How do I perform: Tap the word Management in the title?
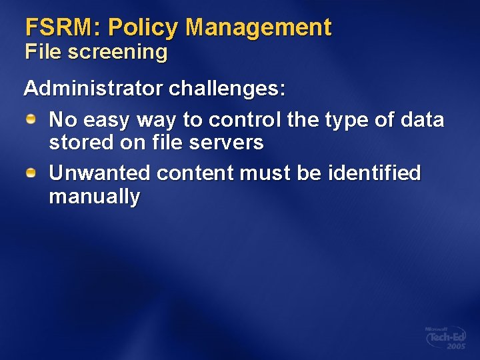click(x=259, y=27)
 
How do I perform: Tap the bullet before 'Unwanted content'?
click(x=31, y=173)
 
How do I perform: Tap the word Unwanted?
click(x=100, y=173)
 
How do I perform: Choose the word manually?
click(x=95, y=197)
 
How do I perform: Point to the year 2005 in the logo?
click(x=456, y=347)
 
